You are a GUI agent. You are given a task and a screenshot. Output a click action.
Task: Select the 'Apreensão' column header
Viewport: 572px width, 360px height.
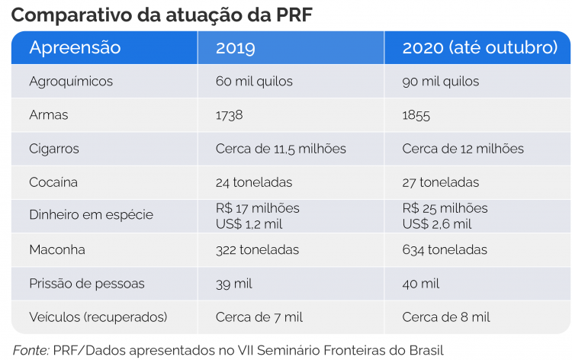click(x=75, y=48)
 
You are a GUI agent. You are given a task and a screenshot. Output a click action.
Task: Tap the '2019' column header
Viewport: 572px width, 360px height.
click(x=236, y=48)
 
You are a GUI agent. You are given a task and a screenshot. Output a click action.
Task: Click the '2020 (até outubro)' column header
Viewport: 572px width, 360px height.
click(x=480, y=48)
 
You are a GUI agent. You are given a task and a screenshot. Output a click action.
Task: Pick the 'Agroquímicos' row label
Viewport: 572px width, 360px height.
click(x=71, y=81)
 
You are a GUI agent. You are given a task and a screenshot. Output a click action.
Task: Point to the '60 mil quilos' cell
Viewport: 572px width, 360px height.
click(x=255, y=81)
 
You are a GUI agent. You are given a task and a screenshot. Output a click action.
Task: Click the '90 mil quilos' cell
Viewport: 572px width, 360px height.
click(x=441, y=81)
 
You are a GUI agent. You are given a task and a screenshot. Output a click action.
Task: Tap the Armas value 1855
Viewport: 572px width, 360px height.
click(x=416, y=115)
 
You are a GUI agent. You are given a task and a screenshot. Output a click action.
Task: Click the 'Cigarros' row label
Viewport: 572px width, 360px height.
click(x=54, y=149)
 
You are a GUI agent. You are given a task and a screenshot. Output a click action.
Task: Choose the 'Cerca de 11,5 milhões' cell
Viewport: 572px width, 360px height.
click(x=281, y=149)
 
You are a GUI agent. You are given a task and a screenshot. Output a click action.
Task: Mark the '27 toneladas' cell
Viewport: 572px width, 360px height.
click(x=441, y=182)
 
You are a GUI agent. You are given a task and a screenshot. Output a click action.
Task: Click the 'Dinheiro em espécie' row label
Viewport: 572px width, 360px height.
click(x=91, y=215)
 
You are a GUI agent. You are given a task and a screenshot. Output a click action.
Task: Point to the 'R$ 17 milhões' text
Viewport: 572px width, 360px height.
click(x=258, y=208)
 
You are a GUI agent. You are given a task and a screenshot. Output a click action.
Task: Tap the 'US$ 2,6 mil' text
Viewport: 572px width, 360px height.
click(x=437, y=223)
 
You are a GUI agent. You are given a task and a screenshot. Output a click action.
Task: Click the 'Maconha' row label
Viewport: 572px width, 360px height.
click(x=57, y=249)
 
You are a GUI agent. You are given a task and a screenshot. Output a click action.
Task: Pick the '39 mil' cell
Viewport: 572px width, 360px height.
click(x=234, y=283)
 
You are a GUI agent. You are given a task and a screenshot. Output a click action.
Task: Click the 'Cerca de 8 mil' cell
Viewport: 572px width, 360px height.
click(x=446, y=317)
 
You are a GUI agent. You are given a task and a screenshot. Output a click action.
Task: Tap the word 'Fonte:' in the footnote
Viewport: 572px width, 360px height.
click(x=31, y=349)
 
